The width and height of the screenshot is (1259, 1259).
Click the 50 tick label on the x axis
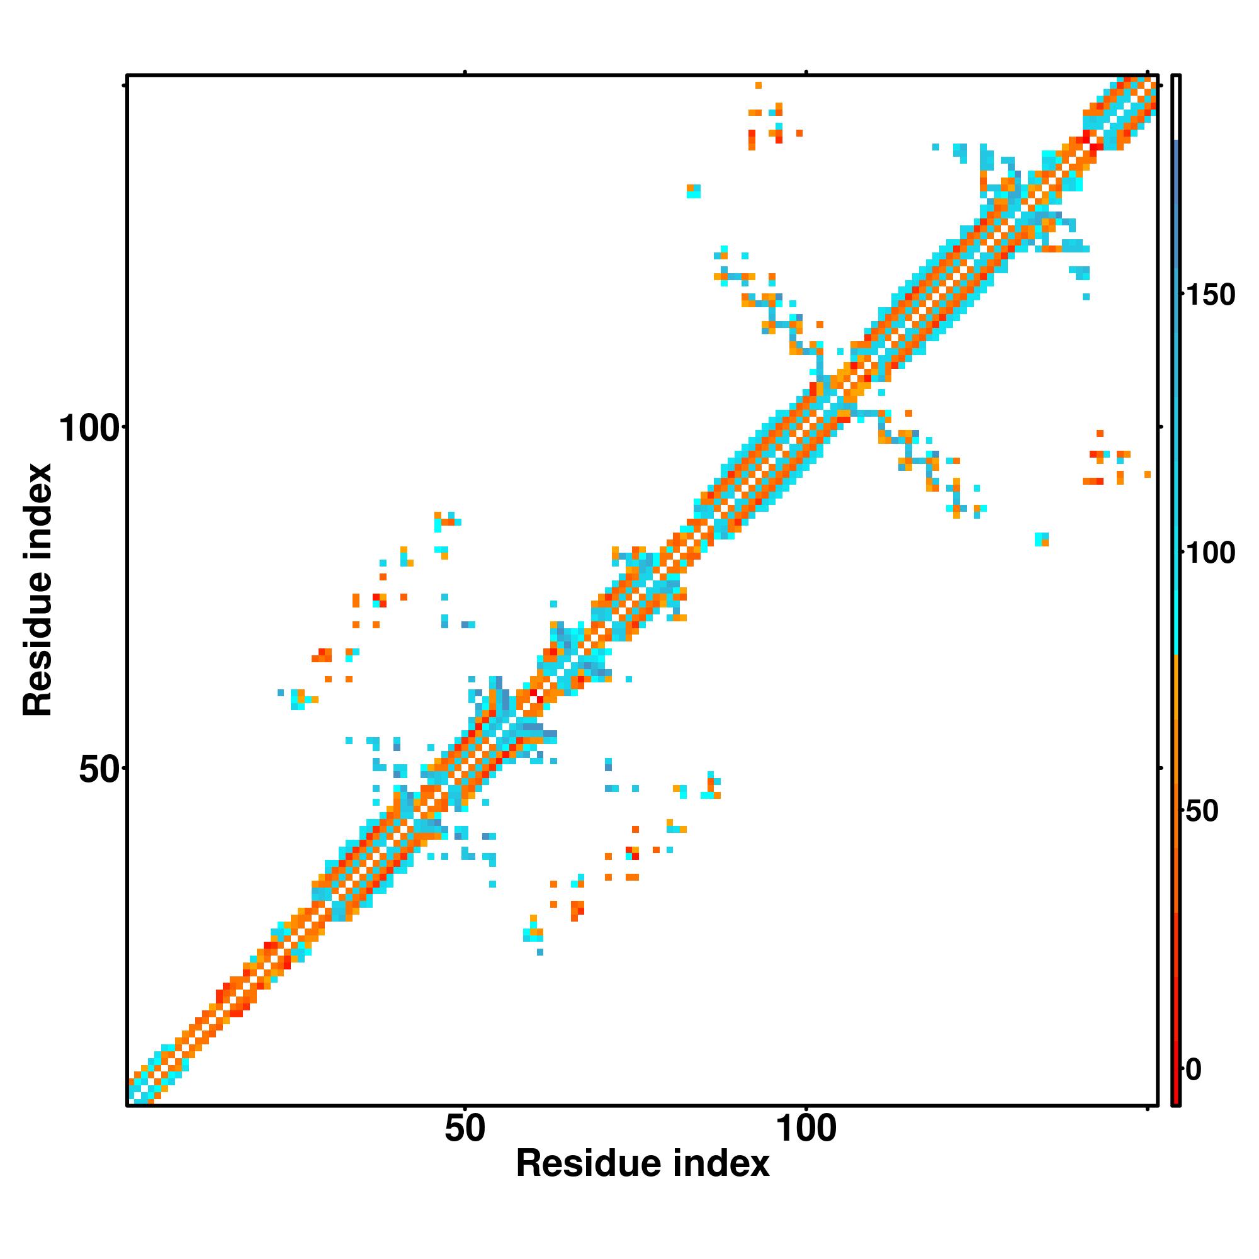click(465, 1129)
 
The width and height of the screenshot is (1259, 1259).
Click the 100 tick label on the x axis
click(806, 1129)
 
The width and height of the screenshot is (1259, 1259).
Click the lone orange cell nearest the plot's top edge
click(758, 86)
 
